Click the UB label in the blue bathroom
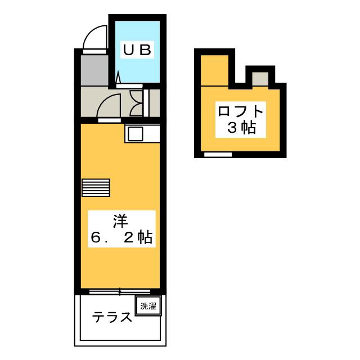click(x=138, y=49)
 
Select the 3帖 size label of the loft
click(x=241, y=128)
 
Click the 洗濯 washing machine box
click(x=148, y=307)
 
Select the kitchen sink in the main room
click(x=136, y=134)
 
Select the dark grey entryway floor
click(x=93, y=70)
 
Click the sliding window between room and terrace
click(x=119, y=291)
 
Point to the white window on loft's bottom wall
click(x=218, y=154)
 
